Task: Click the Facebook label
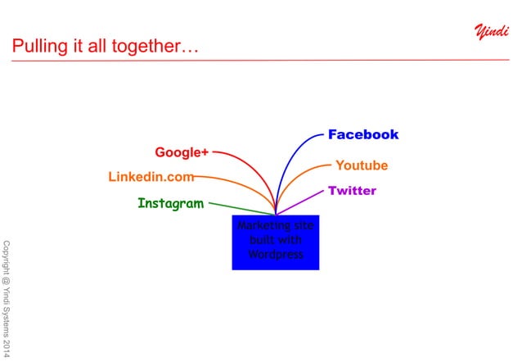tap(363, 134)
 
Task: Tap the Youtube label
tap(362, 165)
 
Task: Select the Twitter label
tap(352, 191)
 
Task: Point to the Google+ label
tap(182, 152)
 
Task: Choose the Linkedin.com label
tap(151, 176)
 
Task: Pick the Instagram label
tap(170, 203)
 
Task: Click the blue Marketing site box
tap(276, 242)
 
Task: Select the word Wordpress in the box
tap(276, 254)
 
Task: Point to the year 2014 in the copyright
tap(7, 348)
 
